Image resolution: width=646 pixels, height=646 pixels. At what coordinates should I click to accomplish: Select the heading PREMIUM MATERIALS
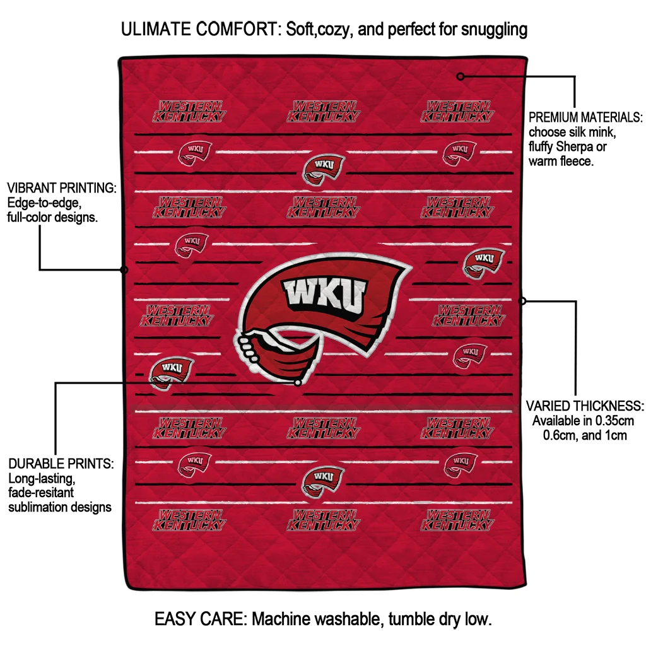(x=585, y=117)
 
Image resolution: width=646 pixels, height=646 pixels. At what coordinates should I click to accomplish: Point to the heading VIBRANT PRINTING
(x=62, y=188)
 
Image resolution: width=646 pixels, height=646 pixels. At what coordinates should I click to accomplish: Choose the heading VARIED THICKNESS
(x=585, y=406)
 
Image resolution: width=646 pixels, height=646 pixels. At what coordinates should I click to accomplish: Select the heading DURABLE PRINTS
(x=61, y=464)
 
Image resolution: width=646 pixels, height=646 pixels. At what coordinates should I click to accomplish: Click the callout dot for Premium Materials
(x=461, y=76)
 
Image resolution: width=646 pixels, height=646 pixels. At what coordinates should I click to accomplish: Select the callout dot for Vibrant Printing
(x=124, y=270)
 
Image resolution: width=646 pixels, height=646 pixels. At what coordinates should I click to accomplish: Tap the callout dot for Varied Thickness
(x=522, y=301)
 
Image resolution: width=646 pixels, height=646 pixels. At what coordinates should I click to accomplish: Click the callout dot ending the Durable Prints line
(x=298, y=383)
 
